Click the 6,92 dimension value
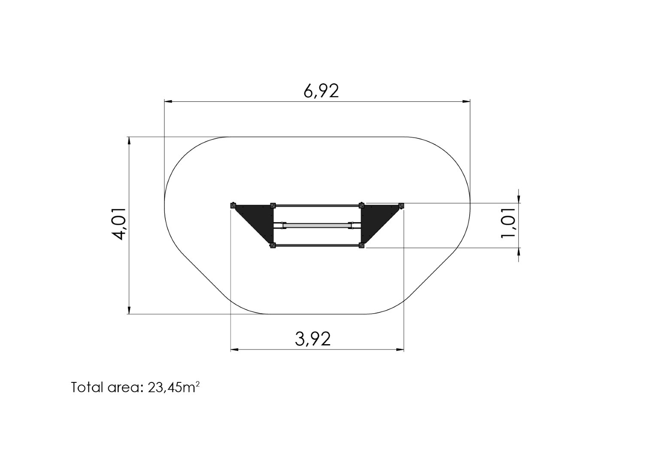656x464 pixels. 321,91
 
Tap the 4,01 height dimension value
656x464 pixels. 120,224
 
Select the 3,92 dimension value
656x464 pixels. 313,339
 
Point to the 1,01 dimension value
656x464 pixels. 508,223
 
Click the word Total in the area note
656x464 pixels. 88,387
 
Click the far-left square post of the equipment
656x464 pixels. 233,205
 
